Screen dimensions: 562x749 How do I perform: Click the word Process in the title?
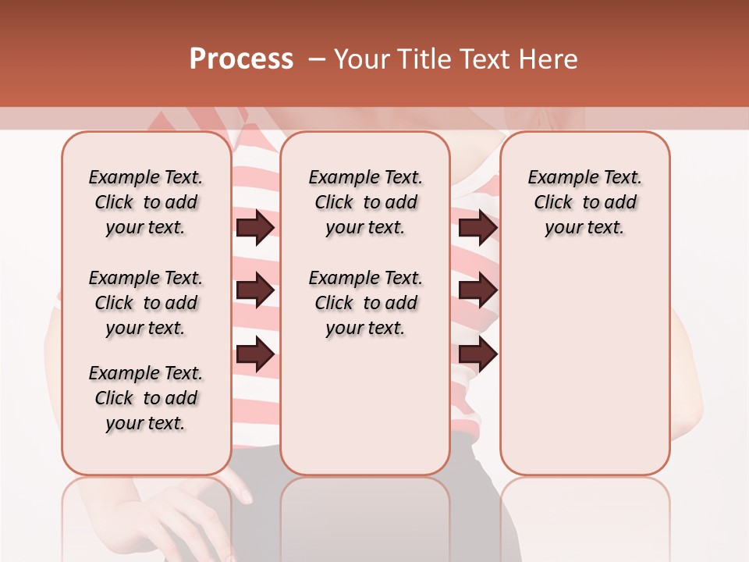[241, 59]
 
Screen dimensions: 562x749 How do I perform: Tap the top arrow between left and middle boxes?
[255, 227]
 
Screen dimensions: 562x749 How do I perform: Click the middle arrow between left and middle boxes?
[255, 291]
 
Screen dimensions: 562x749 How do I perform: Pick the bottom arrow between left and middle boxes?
[255, 354]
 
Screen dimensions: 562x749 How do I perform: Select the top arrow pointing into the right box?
[477, 227]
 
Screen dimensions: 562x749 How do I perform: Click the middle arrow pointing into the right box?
[477, 291]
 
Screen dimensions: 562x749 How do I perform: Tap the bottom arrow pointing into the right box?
[477, 354]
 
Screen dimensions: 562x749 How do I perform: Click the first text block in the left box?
[146, 202]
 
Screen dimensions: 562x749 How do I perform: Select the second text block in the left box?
[146, 303]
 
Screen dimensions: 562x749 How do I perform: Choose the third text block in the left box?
[146, 398]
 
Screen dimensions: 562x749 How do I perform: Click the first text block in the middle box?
[365, 202]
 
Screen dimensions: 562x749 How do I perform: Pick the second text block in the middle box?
[365, 303]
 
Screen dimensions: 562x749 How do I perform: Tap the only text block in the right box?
[584, 202]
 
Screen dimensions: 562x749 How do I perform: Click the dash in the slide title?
[316, 59]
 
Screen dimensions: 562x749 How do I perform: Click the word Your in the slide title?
[362, 59]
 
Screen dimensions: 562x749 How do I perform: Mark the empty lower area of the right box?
[584, 367]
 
